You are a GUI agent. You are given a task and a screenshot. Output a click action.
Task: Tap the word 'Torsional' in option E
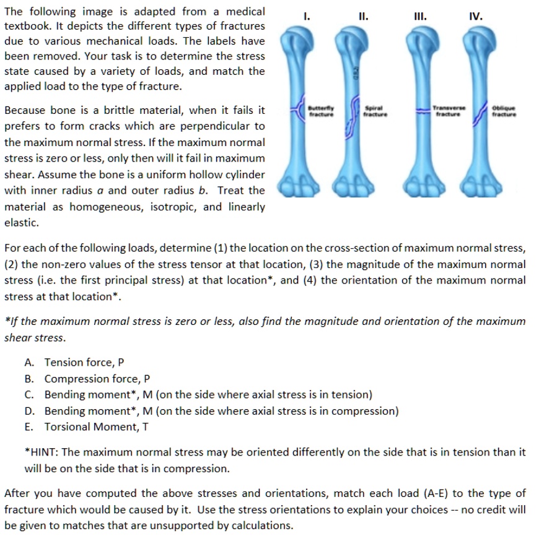pos(69,427)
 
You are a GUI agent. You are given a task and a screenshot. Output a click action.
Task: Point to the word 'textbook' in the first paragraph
pos(25,28)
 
